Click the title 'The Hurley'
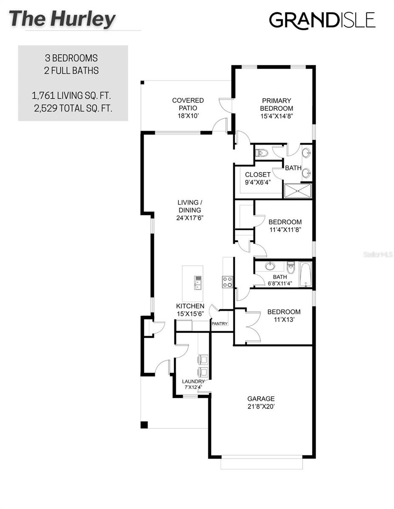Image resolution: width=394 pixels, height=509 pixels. tap(62, 19)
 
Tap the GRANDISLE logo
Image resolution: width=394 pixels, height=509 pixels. tap(322, 20)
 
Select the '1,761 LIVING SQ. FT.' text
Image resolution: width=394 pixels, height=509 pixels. tap(73, 95)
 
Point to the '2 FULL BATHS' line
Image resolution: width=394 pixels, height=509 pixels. tap(72, 70)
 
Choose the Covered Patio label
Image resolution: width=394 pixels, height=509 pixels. tap(188, 108)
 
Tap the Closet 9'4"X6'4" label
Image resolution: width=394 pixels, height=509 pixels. tap(257, 178)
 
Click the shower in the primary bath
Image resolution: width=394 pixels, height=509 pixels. tap(297, 191)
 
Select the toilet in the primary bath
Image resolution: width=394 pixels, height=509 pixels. tap(262, 152)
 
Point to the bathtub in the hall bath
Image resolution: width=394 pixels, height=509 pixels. tap(305, 274)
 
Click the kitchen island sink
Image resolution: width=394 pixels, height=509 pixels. tap(198, 282)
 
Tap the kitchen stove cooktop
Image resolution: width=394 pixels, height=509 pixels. tap(227, 282)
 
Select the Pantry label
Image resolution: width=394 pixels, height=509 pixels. tap(220, 324)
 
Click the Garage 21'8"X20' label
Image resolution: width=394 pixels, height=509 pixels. tap(261, 402)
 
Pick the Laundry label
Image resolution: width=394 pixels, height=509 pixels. tap(193, 384)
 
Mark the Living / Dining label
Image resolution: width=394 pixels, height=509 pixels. tap(189, 210)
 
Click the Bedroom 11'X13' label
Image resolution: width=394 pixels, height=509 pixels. tap(284, 316)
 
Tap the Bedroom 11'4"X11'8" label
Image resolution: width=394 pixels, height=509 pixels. tap(285, 226)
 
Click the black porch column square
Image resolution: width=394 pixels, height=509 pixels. tap(144, 424)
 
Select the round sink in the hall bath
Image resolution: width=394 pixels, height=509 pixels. tap(270, 266)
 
